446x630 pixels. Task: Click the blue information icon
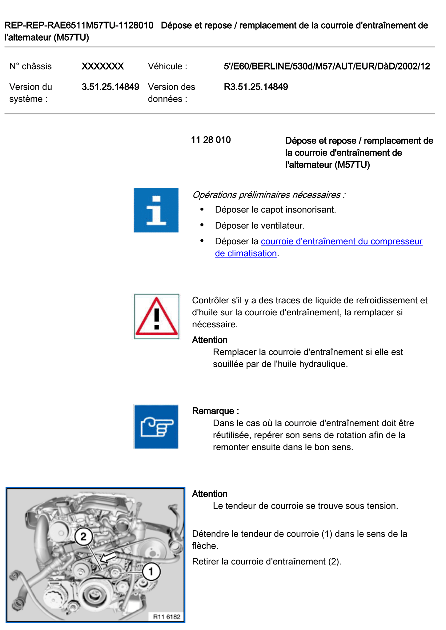click(x=156, y=210)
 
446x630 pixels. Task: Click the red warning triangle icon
click(x=156, y=317)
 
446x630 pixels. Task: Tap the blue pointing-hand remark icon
click(x=156, y=427)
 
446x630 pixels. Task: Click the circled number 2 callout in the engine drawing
click(x=83, y=537)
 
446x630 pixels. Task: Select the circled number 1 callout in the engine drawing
click(x=151, y=572)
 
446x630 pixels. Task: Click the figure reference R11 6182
click(x=167, y=616)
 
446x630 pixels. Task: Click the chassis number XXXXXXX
click(x=102, y=66)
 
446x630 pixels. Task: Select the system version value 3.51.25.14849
click(x=110, y=87)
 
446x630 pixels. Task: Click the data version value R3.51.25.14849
click(x=256, y=87)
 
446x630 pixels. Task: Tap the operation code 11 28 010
click(x=211, y=140)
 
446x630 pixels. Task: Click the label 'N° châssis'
click(x=30, y=66)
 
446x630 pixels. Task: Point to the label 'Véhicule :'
click(x=167, y=66)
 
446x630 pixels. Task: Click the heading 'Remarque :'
click(x=215, y=411)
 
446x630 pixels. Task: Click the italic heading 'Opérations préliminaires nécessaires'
click(x=267, y=195)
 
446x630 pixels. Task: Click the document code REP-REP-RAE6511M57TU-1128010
click(x=79, y=25)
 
